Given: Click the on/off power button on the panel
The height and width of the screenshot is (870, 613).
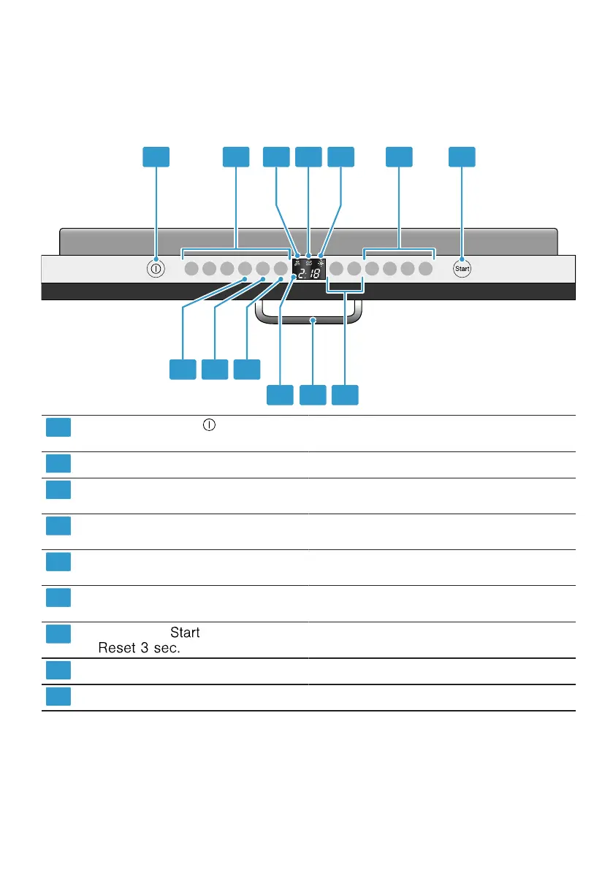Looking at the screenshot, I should tap(156, 269).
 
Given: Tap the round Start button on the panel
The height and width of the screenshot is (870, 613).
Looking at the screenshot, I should tap(462, 269).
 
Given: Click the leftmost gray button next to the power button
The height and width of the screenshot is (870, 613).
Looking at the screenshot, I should tap(191, 269).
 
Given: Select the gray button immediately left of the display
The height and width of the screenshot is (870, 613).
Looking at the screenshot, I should tap(280, 269).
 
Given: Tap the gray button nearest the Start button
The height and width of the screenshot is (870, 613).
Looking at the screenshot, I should tap(425, 269).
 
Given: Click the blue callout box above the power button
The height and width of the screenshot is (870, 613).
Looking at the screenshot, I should tap(156, 157).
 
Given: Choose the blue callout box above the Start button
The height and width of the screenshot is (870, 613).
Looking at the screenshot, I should tap(462, 157).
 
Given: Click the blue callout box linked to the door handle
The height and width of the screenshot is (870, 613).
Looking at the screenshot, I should tap(313, 394).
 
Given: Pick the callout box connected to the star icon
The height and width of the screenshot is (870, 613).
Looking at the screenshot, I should tap(340, 157).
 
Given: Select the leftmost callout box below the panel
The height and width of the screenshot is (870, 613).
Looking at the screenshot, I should tap(183, 369).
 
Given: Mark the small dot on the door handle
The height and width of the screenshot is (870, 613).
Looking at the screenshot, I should tap(313, 320).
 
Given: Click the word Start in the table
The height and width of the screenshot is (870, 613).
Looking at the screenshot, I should tap(185, 633).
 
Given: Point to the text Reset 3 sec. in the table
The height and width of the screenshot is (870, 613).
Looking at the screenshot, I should tap(140, 647).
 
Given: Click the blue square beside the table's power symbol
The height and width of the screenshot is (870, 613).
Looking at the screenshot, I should tap(58, 427).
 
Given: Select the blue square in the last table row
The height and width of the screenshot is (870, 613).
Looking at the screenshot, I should tap(58, 697).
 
